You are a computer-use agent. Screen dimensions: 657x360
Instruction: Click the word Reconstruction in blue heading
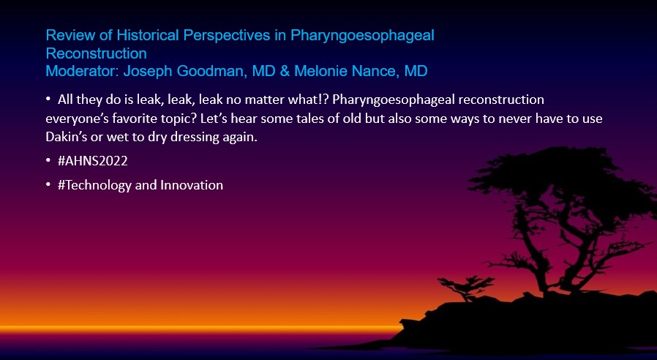pyautogui.click(x=97, y=53)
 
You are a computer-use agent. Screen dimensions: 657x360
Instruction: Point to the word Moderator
pyautogui.click(x=83, y=71)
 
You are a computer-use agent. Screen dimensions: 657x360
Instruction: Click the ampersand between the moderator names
pyautogui.click(x=285, y=71)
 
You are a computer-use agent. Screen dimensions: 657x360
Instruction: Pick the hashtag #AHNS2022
pyautogui.click(x=93, y=161)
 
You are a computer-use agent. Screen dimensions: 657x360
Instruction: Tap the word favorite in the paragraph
pyautogui.click(x=133, y=119)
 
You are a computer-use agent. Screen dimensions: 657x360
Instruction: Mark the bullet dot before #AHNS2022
pyautogui.click(x=48, y=161)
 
